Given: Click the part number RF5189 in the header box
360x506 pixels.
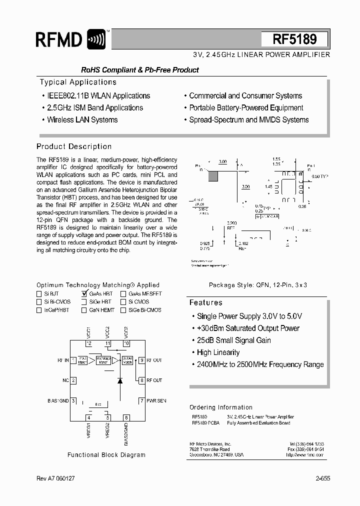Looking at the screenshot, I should coord(294,39).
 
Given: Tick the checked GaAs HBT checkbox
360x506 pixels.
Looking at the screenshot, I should coord(84,294).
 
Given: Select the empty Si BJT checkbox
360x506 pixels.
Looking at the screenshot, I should coord(39,294).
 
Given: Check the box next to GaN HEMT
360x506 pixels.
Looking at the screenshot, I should coord(84,310).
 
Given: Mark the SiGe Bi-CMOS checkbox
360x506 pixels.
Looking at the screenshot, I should coord(123,310).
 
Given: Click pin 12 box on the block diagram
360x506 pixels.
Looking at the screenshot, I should coord(89,343).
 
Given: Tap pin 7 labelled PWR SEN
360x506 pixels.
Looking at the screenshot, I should coord(141,400).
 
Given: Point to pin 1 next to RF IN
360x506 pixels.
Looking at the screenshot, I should coord(73,360).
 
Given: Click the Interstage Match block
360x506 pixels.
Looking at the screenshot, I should coord(103,360).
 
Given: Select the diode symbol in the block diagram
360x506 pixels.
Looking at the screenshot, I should coord(120,380).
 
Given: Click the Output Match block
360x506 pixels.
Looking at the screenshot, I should coord(127,360).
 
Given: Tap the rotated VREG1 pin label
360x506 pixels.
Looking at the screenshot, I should coord(89,431).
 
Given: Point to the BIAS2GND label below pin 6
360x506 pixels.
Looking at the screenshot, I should coord(126,434).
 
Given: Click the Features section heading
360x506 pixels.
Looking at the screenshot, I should coord(205,302).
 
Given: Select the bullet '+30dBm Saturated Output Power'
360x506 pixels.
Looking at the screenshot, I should coord(248,328).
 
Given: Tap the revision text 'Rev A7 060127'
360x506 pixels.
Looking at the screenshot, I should coord(55,478).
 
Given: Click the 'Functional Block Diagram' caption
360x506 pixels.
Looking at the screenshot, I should coord(106,455).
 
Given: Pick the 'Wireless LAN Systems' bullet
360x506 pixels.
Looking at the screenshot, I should coord(82,119).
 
